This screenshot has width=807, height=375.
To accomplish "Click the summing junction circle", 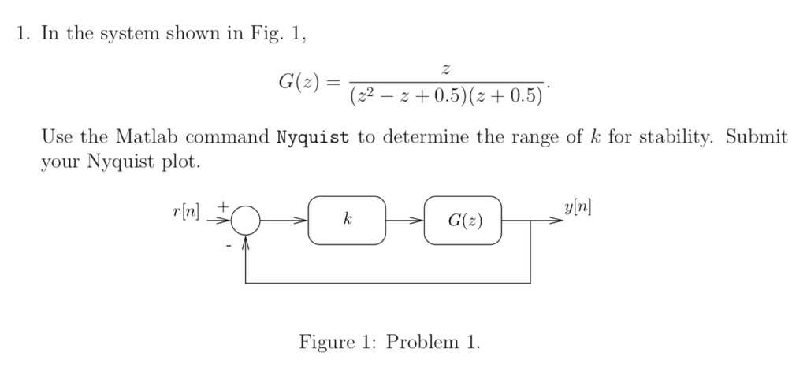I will (247, 220).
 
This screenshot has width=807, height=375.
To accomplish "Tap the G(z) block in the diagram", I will (462, 221).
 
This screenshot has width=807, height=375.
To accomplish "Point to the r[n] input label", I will (186, 211).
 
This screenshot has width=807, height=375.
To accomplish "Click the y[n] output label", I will (578, 208).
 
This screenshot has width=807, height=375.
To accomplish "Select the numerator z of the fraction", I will (447, 71).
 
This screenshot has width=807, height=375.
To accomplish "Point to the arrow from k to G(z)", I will (404, 221).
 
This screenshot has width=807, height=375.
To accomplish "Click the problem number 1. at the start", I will (23, 35).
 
